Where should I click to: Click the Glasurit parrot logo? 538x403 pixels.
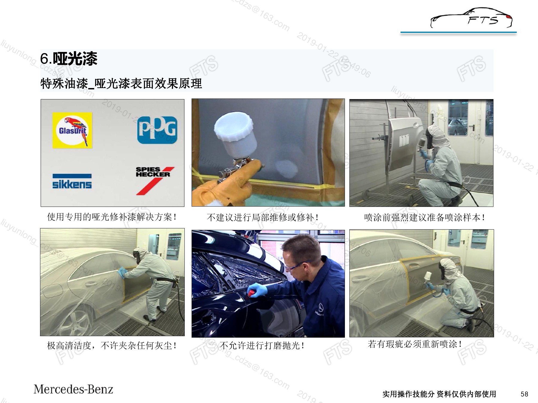tap(72, 130)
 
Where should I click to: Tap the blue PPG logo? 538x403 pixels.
tap(157, 130)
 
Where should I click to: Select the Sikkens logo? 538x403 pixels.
tap(72, 181)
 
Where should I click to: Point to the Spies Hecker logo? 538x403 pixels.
tap(155, 180)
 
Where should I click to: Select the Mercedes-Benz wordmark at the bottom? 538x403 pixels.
tap(74, 389)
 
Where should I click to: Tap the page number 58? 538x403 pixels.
tap(524, 394)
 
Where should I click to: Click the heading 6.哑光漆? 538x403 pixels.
tap(69, 59)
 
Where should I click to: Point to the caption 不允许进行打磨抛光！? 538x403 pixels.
tap(262, 346)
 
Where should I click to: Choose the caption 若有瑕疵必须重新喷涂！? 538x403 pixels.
tap(415, 344)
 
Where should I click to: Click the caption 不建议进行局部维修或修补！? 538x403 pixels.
tap(262, 217)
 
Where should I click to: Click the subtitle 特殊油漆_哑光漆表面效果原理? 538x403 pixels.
tap(121, 84)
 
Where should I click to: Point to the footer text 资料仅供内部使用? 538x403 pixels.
tap(466, 394)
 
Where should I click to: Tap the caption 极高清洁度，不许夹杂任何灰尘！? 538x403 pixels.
tap(112, 346)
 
